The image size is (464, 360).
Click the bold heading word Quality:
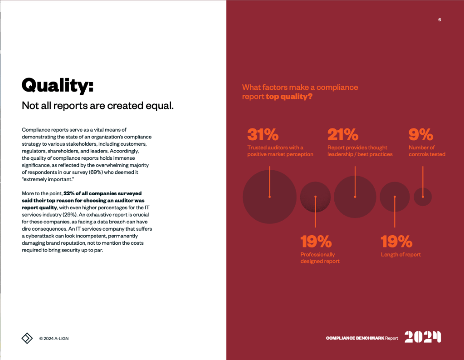pyautogui.click(x=58, y=85)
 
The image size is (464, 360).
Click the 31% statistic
pyautogui.click(x=263, y=135)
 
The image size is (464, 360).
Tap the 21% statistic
pyautogui.click(x=343, y=135)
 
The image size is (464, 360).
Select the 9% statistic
pyautogui.click(x=420, y=135)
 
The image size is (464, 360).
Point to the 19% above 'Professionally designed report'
pyautogui.click(x=316, y=242)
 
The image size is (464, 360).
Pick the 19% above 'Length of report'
pyautogui.click(x=396, y=242)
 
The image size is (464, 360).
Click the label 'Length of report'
pyautogui.click(x=401, y=255)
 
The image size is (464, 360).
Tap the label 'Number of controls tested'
pyautogui.click(x=427, y=151)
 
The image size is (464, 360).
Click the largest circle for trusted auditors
pyautogui.click(x=269, y=197)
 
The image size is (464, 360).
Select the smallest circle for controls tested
pyautogui.click(x=423, y=197)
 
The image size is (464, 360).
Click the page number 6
pyautogui.click(x=440, y=20)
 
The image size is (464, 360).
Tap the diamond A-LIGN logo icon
pyautogui.click(x=27, y=338)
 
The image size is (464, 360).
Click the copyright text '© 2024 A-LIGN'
pyautogui.click(x=54, y=339)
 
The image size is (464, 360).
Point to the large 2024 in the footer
pyautogui.click(x=422, y=337)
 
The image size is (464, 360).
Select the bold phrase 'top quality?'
pyautogui.click(x=289, y=97)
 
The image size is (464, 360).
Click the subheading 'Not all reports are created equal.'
pyautogui.click(x=98, y=106)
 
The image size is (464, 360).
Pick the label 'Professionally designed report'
pyautogui.click(x=320, y=258)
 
